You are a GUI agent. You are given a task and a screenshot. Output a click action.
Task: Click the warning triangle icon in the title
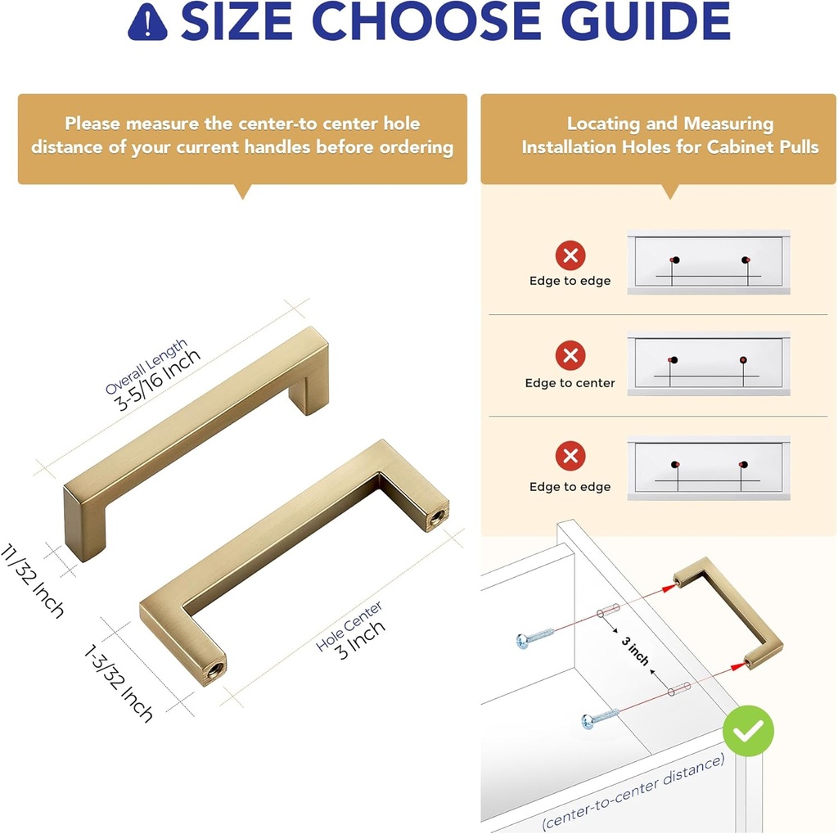point(147,24)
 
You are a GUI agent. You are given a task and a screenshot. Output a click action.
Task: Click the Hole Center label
point(349,626)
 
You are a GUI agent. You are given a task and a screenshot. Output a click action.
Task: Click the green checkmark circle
point(748,730)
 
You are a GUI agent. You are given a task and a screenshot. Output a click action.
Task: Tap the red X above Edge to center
point(570,356)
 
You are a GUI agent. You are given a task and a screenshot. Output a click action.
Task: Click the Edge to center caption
point(570,383)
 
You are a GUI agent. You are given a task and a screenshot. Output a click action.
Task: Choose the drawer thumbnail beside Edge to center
point(708,363)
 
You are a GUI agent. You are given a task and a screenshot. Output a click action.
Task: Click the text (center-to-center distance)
point(633,791)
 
